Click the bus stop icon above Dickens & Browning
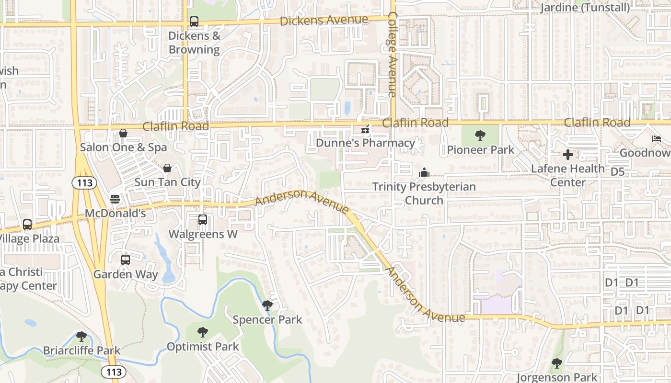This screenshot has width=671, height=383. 194,22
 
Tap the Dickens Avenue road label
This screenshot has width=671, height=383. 324,20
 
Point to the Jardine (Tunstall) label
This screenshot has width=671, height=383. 585,8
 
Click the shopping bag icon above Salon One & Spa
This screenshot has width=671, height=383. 123,133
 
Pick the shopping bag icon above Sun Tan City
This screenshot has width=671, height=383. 167,168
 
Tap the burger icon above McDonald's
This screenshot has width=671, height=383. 115,199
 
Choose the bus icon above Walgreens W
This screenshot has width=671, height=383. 203,220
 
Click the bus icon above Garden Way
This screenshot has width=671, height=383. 126,260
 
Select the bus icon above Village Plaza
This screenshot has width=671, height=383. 27,225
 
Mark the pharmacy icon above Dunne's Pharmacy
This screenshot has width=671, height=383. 365,129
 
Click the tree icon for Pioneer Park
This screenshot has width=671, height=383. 480,136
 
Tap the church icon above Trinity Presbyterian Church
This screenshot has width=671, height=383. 424,172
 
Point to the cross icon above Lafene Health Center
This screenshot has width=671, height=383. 568,155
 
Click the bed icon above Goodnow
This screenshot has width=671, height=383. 657,139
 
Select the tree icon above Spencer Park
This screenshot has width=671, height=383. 267,305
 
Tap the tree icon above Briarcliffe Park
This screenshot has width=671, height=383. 81,337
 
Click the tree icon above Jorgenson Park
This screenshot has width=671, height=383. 556,363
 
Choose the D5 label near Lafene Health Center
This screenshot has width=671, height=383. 618,171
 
